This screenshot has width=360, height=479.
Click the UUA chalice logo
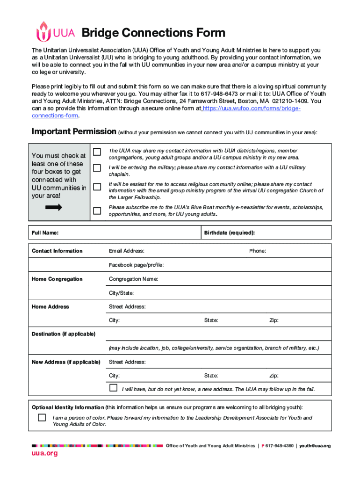[x=43, y=32]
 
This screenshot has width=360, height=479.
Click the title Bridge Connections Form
[x=153, y=33]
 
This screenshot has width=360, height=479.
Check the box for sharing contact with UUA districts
[x=97, y=152]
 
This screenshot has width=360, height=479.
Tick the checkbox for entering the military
[x=97, y=168]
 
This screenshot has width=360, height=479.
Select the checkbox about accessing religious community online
[x=97, y=187]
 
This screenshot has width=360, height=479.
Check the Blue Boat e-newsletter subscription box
[x=97, y=210]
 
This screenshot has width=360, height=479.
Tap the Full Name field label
[x=45, y=232]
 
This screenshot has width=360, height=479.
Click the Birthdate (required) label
[x=229, y=232]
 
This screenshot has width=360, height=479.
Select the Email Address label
[x=126, y=251]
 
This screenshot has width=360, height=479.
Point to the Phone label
[x=258, y=251]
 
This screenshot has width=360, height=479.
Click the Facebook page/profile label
[x=136, y=265]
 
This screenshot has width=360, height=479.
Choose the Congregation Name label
[x=133, y=279]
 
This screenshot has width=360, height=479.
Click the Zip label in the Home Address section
[x=274, y=320]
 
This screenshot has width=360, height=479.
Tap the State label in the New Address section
[x=211, y=376]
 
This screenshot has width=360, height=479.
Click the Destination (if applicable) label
[x=63, y=334]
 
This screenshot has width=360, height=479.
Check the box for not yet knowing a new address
[x=113, y=388]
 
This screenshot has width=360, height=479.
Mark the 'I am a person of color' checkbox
[x=42, y=417]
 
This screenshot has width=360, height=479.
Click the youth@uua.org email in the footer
[x=315, y=446]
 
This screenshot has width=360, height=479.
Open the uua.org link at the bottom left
[x=44, y=454]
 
